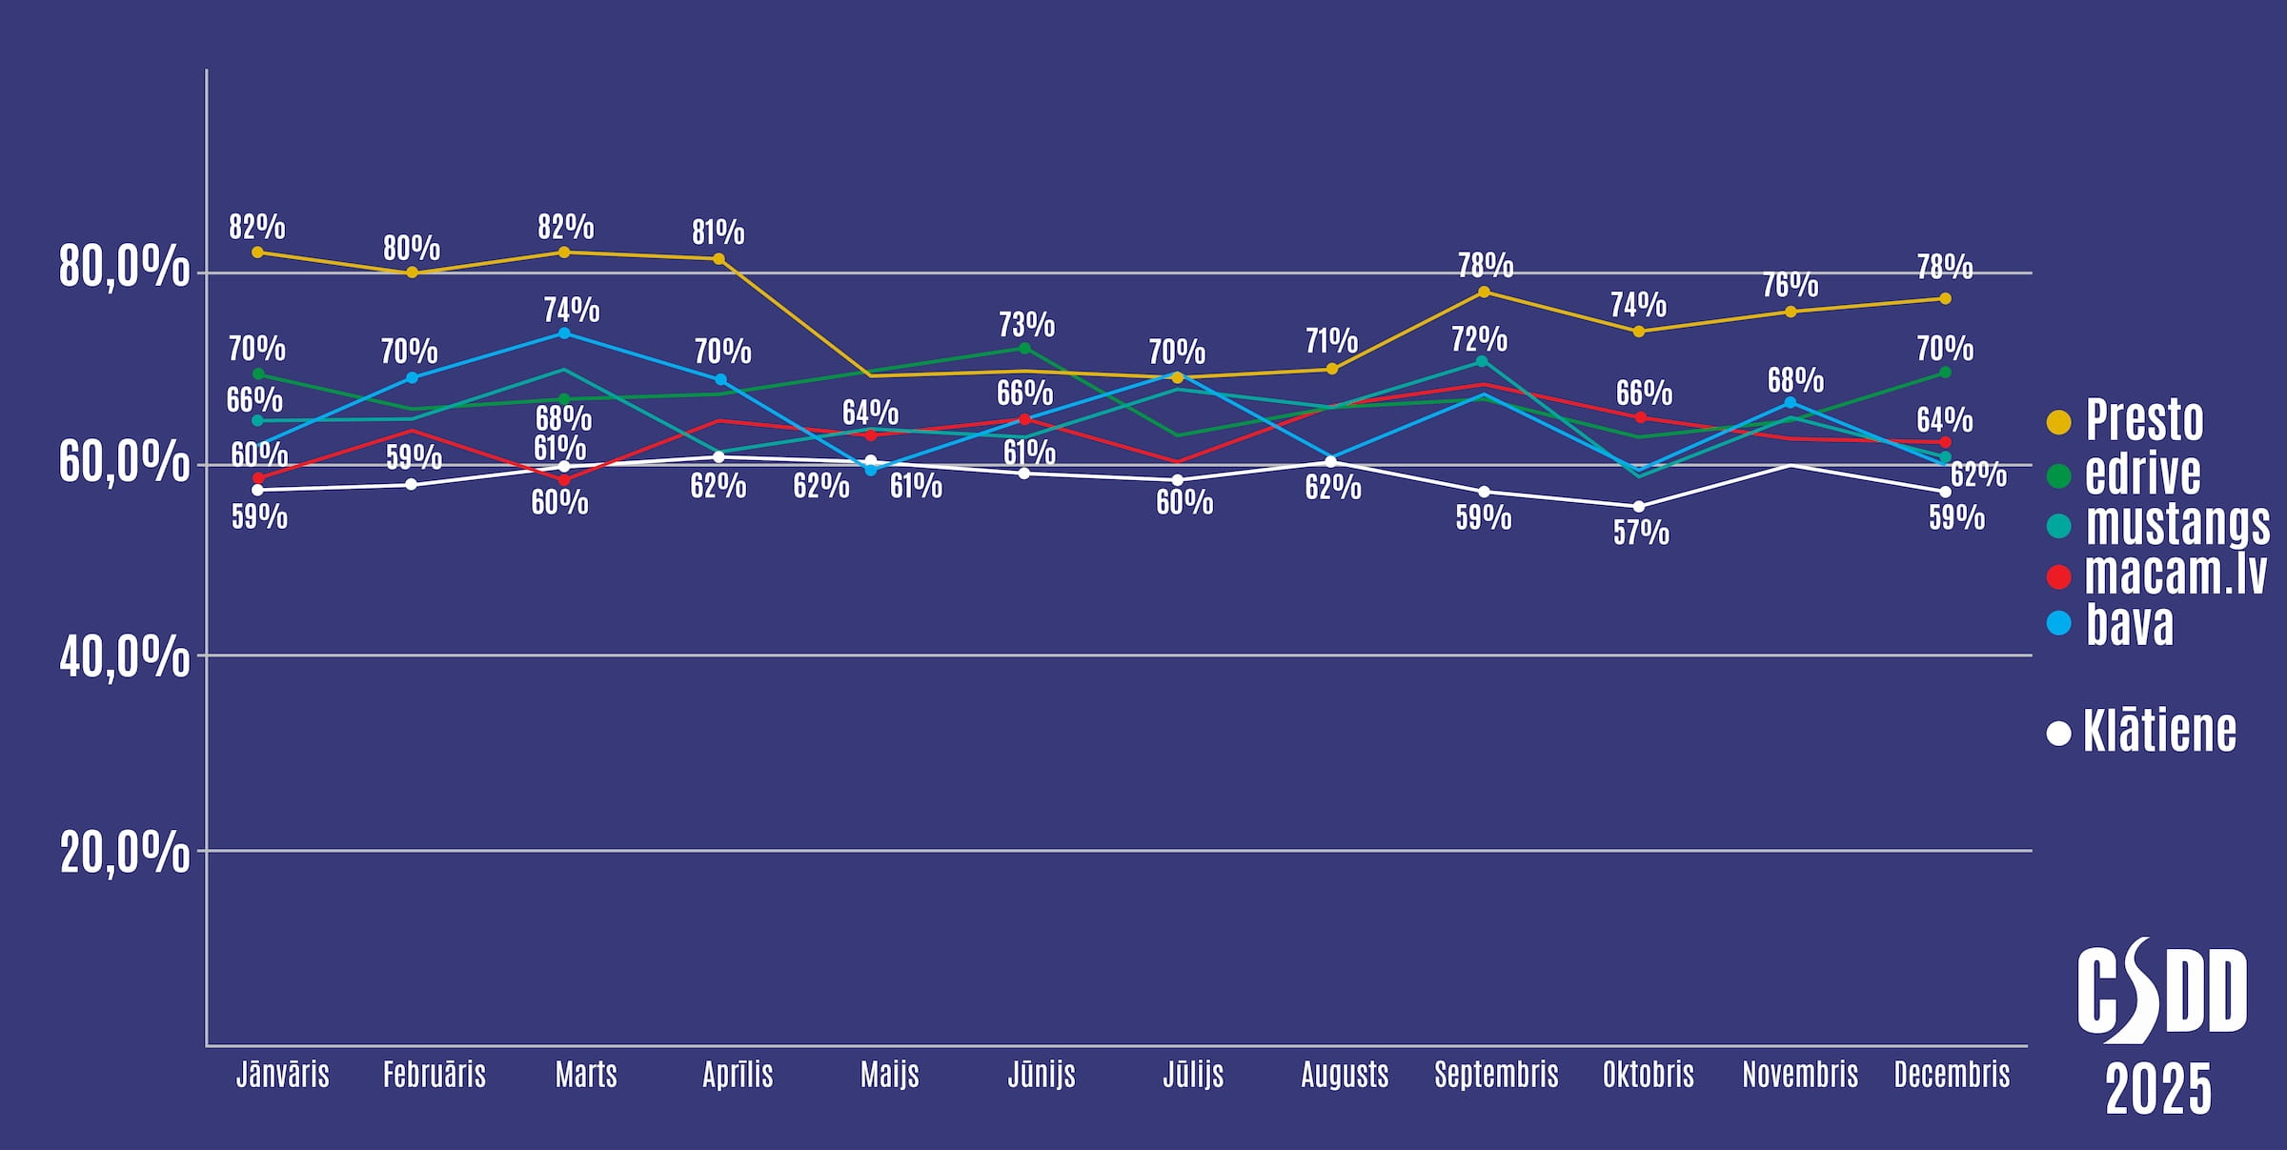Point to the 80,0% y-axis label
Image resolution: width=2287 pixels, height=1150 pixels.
(124, 267)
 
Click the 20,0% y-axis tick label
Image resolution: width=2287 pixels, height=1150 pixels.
(124, 852)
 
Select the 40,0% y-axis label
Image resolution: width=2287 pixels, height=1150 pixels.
(124, 657)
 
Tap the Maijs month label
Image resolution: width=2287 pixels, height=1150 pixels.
(889, 1075)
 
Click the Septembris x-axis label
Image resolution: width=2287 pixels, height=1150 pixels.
(1496, 1075)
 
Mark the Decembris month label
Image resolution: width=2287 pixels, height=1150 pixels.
(1952, 1075)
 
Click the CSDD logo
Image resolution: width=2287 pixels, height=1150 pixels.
(2161, 991)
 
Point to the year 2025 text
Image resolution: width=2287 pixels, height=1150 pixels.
(2157, 1089)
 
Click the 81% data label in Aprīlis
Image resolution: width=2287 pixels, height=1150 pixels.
(718, 232)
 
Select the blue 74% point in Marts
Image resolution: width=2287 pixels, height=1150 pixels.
(564, 333)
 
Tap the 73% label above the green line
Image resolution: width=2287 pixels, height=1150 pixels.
(1026, 325)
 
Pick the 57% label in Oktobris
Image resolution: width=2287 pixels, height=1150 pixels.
(1640, 533)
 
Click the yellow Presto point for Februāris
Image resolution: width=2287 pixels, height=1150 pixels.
(412, 272)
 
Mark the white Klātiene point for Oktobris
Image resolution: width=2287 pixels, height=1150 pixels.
(1638, 507)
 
